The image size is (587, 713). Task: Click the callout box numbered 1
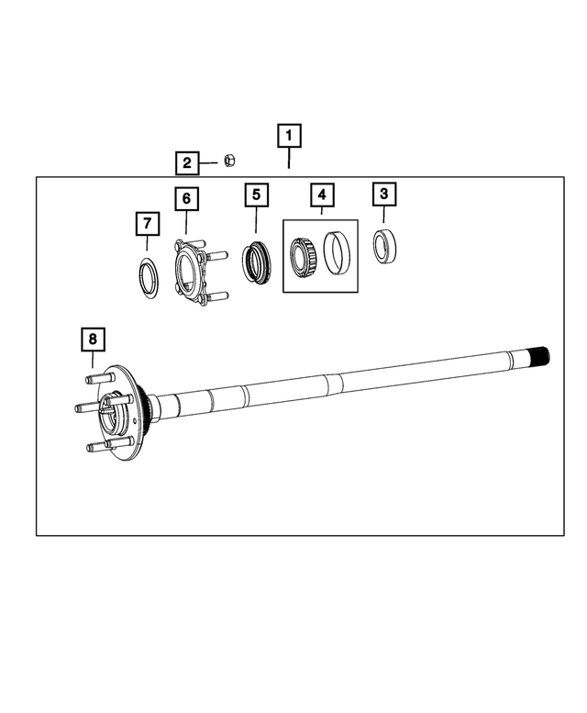tap(289, 138)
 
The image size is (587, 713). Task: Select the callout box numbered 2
tap(187, 163)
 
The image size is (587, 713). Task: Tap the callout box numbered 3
tap(384, 194)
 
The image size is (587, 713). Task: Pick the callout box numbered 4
tap(322, 195)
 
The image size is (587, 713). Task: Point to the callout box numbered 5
tap(256, 195)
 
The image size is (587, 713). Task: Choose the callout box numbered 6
tap(185, 197)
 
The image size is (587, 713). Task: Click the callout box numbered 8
tap(92, 340)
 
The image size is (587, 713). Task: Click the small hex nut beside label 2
tap(231, 162)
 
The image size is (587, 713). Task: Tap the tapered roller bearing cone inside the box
tap(304, 254)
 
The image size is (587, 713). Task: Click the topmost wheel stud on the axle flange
tap(97, 377)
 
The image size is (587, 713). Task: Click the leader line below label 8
tap(92, 361)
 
